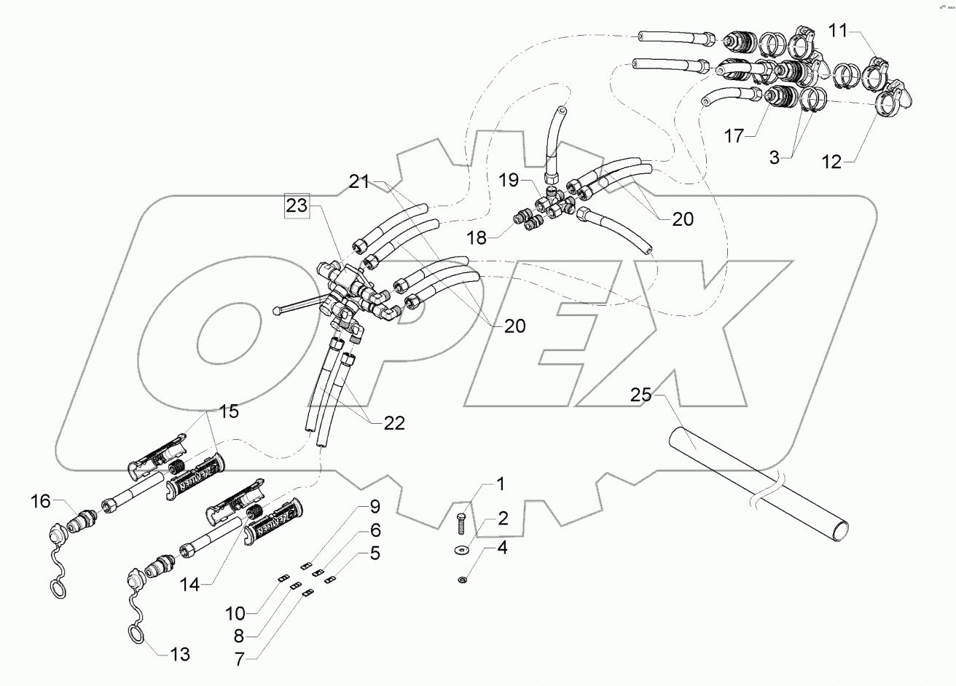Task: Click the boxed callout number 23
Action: tap(297, 206)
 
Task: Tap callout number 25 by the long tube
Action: tap(641, 395)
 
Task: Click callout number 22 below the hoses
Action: tap(393, 423)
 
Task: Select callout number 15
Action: tap(229, 411)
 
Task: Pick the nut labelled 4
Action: tap(463, 579)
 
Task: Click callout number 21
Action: tap(358, 181)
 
